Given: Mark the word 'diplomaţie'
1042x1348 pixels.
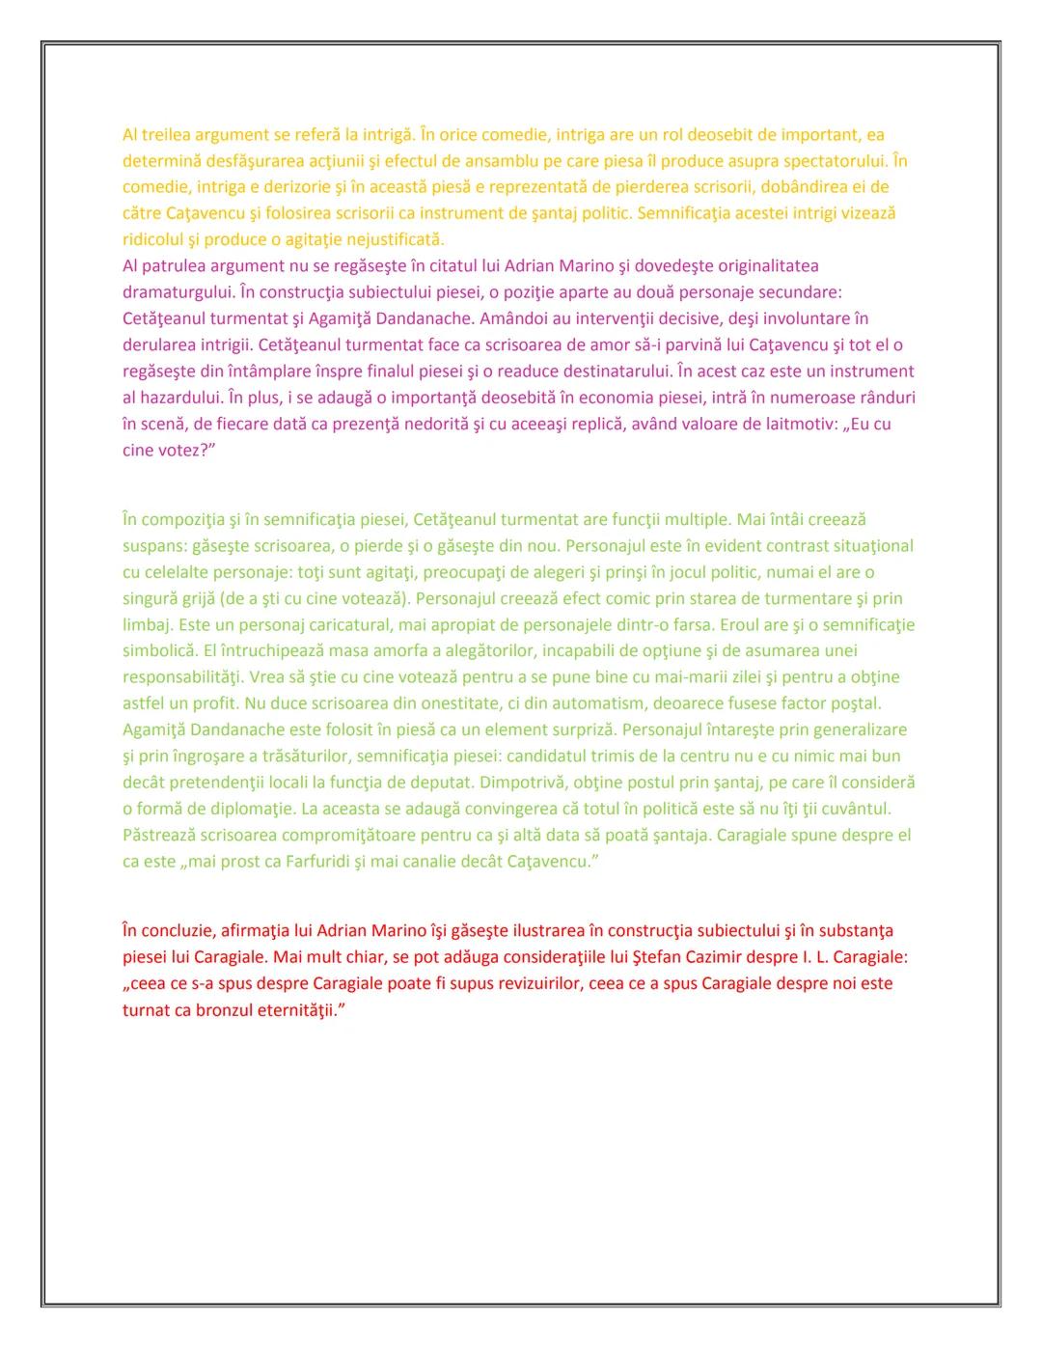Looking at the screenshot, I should point(232,809).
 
